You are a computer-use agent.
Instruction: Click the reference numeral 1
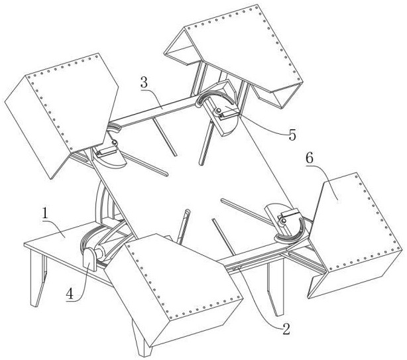(45, 214)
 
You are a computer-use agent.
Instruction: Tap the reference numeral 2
(286, 329)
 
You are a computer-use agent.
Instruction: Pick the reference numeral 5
(292, 135)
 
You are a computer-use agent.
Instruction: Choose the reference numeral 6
(310, 158)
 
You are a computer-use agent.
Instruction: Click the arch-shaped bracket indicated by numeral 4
(89, 259)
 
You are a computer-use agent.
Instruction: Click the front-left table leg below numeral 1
(38, 278)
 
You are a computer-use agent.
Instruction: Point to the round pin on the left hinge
(114, 143)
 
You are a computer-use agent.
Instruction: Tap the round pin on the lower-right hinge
(284, 221)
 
